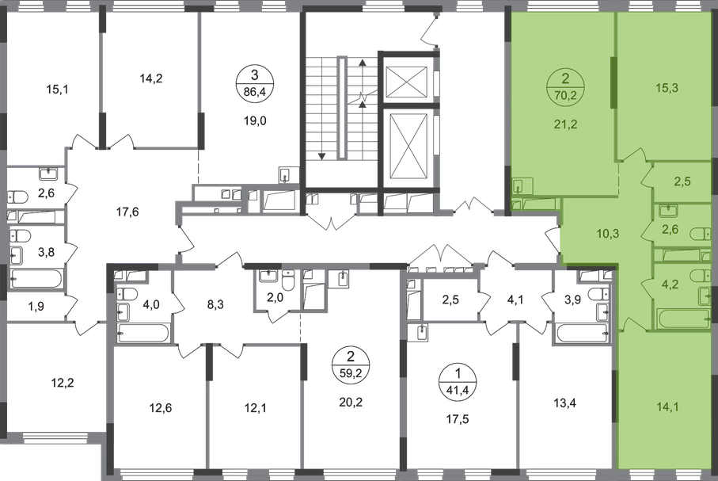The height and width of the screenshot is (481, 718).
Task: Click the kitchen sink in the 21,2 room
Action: [519, 187]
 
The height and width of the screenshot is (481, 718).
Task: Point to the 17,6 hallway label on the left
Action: [127, 212]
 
